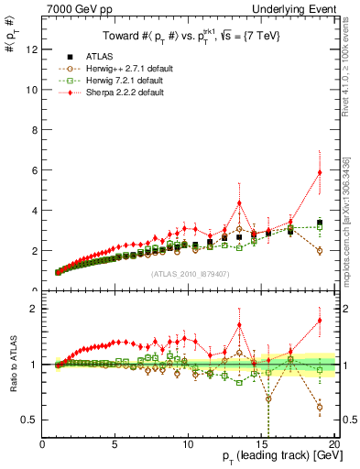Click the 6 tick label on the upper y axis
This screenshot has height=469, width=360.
coord(35,170)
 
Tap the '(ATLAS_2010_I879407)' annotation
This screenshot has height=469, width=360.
coord(188,273)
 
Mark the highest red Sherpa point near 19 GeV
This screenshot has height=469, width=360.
coord(320,172)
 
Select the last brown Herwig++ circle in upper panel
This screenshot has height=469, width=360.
coord(320,250)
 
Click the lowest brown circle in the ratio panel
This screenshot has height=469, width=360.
coord(320,408)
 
